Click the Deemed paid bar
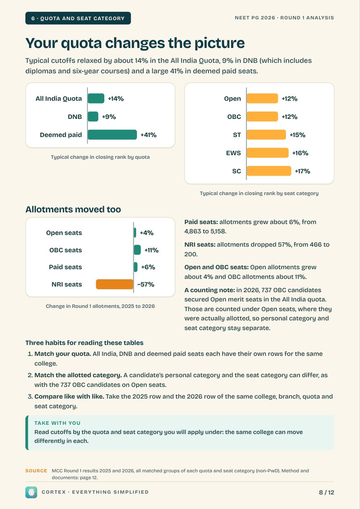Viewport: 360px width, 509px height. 112,135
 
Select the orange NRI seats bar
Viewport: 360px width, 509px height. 115,284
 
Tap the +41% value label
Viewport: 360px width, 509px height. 149,135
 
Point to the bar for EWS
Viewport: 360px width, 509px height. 267,153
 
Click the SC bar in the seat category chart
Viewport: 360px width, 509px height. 269,171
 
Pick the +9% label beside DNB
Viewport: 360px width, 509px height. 109,117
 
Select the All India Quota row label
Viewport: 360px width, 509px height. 58,99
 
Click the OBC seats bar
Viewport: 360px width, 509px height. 137,250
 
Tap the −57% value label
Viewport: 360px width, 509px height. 146,285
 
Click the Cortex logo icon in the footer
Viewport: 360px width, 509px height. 31,492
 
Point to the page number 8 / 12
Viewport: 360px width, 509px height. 327,492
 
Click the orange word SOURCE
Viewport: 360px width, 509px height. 36,471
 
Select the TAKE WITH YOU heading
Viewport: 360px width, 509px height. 58,423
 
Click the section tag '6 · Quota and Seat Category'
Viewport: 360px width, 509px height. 78,18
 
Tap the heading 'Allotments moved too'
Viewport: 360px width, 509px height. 73,209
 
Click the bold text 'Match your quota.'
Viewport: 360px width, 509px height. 63,354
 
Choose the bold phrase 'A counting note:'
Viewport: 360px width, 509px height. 209,290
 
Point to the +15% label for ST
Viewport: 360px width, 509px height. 297,135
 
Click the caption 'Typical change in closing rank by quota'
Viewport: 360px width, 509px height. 100,157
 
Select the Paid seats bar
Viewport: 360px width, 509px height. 136,267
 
